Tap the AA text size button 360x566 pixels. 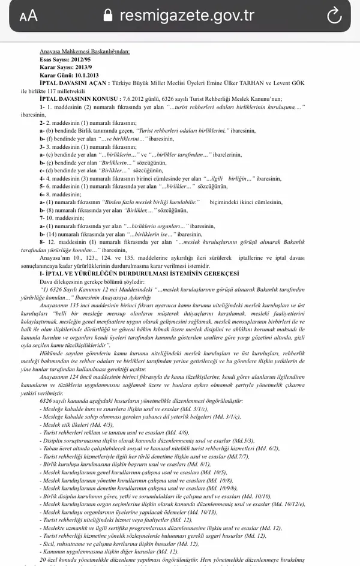(x=28, y=16)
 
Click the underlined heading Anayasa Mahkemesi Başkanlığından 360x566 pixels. (x=84, y=52)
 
